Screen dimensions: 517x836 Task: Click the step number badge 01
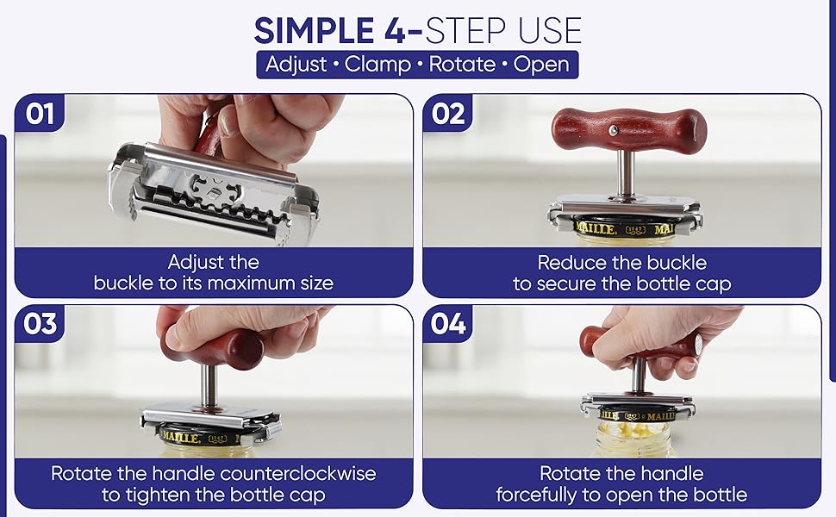click(x=39, y=114)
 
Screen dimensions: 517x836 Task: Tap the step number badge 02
click(x=447, y=114)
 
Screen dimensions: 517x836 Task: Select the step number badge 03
click(x=40, y=324)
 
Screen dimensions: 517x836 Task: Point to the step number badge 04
click(x=447, y=324)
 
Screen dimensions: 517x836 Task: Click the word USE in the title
click(x=541, y=31)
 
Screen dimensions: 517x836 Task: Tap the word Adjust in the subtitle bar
click(x=297, y=65)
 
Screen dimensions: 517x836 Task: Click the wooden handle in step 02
click(x=628, y=130)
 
